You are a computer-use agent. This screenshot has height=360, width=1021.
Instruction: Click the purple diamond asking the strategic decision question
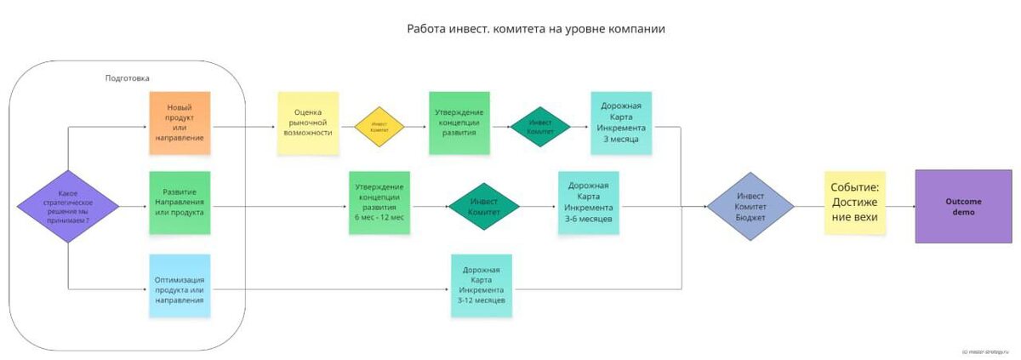(68, 207)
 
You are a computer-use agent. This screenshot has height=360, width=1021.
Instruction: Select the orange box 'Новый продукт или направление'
(180, 123)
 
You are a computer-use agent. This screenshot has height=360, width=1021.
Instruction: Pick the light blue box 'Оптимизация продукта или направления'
(180, 286)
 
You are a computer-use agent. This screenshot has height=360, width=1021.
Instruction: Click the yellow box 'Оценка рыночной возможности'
(308, 123)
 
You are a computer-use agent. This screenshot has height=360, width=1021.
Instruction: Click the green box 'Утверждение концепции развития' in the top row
(459, 123)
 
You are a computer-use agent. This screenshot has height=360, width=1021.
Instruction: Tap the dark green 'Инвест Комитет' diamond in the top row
(540, 127)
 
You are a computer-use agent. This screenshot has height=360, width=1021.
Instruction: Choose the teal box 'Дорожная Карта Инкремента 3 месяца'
(621, 123)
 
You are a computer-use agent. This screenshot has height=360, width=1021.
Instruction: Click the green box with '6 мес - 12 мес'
(379, 202)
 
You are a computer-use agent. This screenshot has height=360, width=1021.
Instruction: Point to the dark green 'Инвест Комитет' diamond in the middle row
(484, 206)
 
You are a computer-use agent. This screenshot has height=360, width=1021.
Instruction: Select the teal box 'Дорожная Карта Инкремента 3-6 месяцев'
(589, 202)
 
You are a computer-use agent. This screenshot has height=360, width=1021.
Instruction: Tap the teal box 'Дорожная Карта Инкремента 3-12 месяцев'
(482, 285)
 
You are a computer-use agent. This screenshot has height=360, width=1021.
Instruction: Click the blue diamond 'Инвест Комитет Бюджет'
(750, 207)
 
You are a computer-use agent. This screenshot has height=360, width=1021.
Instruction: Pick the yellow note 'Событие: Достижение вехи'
(855, 203)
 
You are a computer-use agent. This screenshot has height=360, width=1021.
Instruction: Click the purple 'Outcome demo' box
(963, 206)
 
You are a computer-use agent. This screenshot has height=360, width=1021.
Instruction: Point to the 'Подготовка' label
(127, 78)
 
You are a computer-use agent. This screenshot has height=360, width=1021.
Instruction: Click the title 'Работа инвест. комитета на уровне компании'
(536, 29)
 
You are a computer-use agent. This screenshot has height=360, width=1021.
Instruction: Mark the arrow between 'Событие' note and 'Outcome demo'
(900, 207)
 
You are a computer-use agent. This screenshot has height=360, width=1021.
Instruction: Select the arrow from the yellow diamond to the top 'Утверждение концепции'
(417, 127)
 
